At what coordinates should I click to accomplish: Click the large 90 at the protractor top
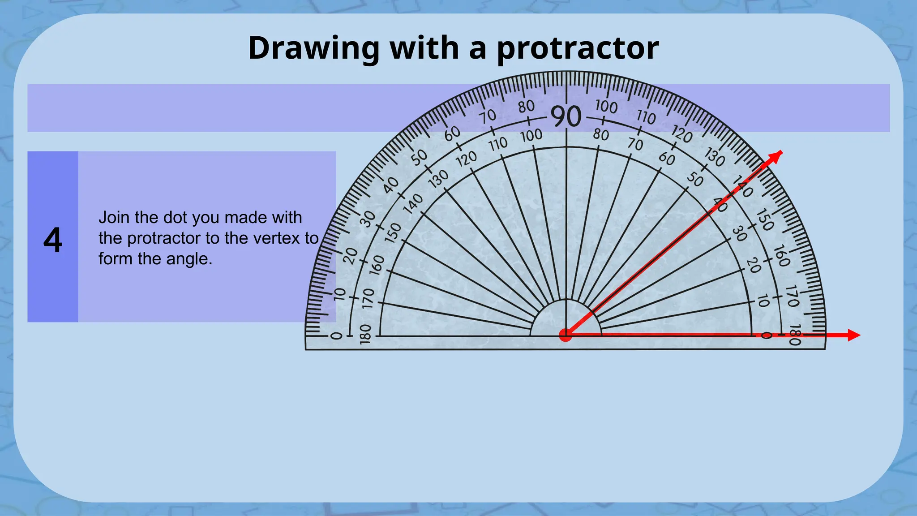click(566, 116)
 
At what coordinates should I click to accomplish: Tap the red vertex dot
click(566, 335)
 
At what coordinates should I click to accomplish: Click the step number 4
click(52, 241)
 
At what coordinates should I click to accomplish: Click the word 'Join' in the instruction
click(114, 218)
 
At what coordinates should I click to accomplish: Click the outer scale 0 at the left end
click(336, 335)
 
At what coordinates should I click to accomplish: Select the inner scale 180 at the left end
click(366, 334)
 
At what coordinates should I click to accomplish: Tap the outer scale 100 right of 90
click(606, 107)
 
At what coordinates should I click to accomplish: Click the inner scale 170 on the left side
click(368, 298)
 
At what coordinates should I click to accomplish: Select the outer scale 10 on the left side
click(340, 294)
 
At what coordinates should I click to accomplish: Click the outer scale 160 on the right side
click(781, 256)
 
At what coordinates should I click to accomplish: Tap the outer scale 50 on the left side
click(420, 158)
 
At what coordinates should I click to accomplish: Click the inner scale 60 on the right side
click(667, 159)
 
